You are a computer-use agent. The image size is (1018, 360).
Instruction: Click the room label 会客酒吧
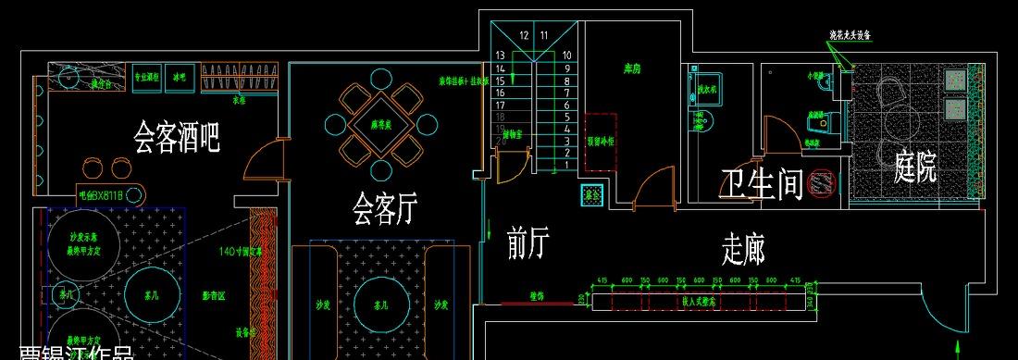[177, 139]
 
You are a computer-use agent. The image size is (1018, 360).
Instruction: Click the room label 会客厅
[380, 209]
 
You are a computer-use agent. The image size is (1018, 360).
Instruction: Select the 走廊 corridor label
[743, 249]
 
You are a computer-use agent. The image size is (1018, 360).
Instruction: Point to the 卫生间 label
[761, 184]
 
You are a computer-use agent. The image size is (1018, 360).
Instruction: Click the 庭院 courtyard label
[915, 167]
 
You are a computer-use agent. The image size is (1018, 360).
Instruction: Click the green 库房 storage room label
[633, 68]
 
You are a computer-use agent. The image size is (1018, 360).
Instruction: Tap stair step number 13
[500, 56]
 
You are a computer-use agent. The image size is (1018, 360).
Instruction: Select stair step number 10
[566, 56]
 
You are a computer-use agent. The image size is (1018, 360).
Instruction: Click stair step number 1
[566, 165]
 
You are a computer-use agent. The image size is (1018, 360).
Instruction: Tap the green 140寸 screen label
[241, 251]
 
